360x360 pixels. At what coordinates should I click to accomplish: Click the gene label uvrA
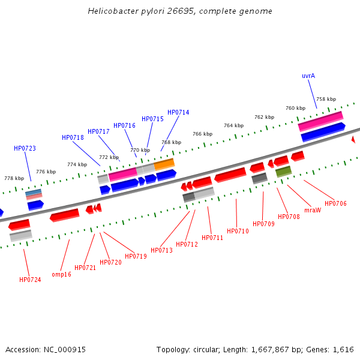[x=308, y=76]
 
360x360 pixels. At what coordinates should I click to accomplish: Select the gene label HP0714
[x=178, y=113]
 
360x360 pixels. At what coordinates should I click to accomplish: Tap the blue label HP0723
[x=25, y=148]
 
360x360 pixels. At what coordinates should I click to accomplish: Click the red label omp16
[x=61, y=274]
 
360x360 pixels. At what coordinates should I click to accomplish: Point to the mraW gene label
[x=313, y=210]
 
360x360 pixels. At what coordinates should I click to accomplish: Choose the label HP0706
[x=335, y=204]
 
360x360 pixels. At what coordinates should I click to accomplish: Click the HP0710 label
[x=238, y=231]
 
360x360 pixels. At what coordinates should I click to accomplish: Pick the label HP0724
[x=30, y=280]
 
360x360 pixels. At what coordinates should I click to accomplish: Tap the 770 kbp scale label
[x=140, y=150]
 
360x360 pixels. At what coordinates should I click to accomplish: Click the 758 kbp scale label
[x=326, y=100]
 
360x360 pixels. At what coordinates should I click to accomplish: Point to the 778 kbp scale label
[x=14, y=178]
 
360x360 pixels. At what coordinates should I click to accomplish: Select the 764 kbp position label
[x=233, y=125]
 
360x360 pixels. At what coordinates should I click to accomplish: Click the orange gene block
[x=164, y=163]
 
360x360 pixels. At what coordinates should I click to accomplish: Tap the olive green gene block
[x=284, y=172]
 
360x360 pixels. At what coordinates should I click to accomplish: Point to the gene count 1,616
[x=343, y=349]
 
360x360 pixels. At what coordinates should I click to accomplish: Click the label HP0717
[x=98, y=131]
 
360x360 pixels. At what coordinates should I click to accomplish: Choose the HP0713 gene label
[x=161, y=250]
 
